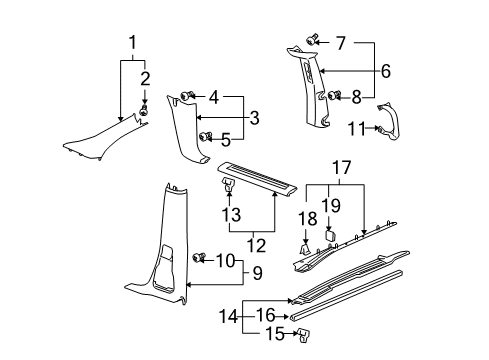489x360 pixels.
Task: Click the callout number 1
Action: click(132, 42)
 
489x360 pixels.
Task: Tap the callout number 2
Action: click(146, 77)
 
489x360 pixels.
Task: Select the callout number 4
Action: click(215, 96)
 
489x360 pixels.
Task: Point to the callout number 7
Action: click(340, 43)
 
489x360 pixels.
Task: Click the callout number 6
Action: click(384, 72)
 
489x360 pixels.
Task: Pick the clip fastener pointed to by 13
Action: click(229, 183)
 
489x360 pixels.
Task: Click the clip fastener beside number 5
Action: click(206, 135)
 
